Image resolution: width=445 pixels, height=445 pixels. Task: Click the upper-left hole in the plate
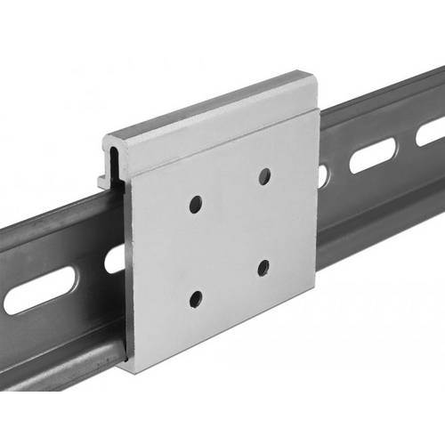195,205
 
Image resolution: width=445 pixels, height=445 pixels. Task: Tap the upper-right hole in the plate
264,176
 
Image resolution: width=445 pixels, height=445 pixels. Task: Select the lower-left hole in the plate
196,297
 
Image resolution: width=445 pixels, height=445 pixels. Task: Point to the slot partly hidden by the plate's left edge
115,259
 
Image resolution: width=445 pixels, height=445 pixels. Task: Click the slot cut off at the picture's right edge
431,133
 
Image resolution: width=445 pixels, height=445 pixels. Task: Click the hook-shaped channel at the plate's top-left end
115,161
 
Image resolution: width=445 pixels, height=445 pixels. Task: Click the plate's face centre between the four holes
230,236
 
